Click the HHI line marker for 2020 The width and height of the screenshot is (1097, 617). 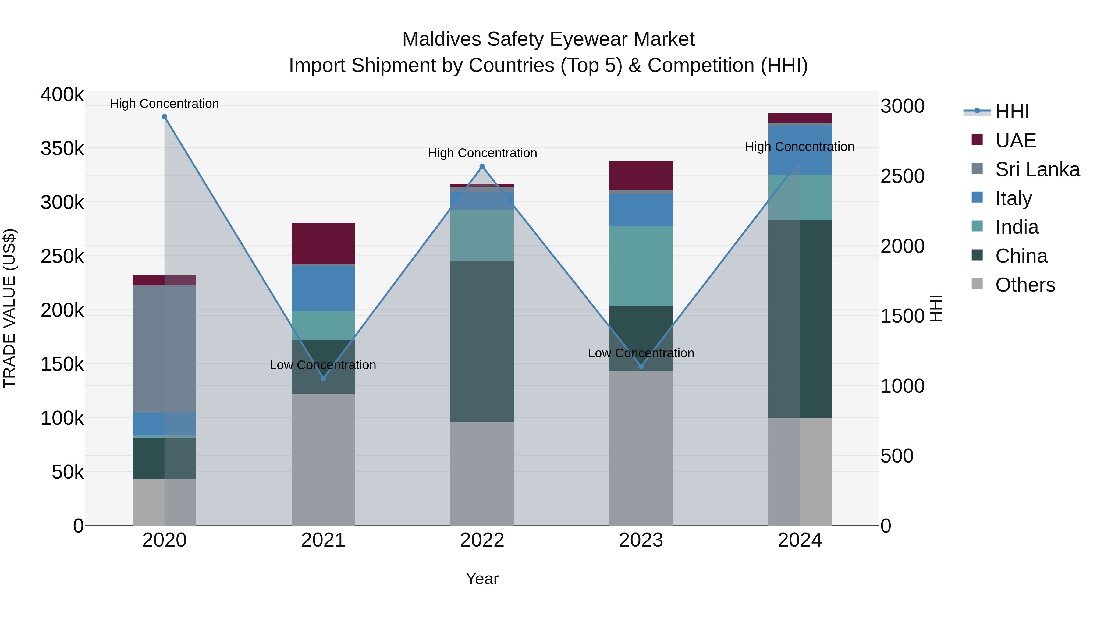pos(164,117)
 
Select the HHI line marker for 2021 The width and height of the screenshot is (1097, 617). pos(323,378)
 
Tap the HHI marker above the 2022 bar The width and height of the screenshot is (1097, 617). pos(482,166)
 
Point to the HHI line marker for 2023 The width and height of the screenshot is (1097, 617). pos(641,366)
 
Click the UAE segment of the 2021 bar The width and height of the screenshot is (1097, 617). pos(323,243)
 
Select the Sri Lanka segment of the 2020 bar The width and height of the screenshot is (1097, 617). pos(164,349)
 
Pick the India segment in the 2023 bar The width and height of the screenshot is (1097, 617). pos(641,266)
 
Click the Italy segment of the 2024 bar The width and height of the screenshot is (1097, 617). pos(800,150)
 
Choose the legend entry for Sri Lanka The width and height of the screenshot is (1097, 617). pos(1037,169)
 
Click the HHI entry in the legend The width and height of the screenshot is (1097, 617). pos(1012,112)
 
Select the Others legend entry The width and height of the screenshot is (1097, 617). pos(1024,285)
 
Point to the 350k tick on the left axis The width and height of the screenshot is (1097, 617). pos(62,149)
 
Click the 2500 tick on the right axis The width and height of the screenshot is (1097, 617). pos(902,176)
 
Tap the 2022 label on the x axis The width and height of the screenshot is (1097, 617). pos(482,540)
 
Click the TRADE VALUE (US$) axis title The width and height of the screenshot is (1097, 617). pos(9,308)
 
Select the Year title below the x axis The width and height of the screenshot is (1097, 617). pos(482,579)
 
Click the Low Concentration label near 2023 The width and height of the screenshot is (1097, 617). pos(641,353)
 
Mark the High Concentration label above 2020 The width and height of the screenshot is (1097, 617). pos(164,104)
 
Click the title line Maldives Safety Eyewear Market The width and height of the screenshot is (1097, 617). pos(548,39)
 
